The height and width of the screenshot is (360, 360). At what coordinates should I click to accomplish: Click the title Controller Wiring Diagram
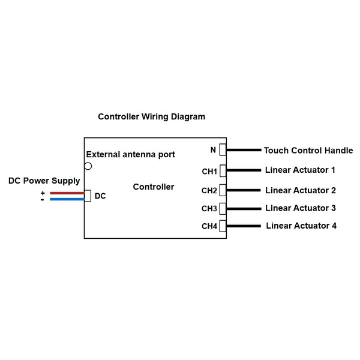tap(151, 117)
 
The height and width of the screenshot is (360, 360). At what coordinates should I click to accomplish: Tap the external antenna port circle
tap(88, 166)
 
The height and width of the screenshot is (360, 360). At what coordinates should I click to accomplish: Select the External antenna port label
tap(130, 154)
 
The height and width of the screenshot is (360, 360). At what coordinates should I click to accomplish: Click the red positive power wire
tap(67, 193)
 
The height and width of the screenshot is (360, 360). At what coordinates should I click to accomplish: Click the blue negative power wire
tap(67, 199)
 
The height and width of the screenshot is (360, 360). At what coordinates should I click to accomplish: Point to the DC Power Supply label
tap(44, 181)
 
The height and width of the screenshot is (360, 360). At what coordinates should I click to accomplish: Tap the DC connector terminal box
tap(88, 196)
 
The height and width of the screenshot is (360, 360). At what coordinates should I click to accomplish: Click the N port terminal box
tap(223, 150)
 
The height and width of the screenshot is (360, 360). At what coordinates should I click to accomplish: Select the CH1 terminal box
tap(223, 170)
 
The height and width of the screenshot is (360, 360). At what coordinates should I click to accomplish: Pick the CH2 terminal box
tap(223, 190)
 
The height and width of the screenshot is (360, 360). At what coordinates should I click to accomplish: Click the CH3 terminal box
tap(223, 208)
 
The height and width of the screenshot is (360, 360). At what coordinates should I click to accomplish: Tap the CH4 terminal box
tap(223, 226)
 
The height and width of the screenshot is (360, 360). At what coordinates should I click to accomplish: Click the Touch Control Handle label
tap(308, 151)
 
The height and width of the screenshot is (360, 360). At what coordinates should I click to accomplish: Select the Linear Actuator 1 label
tap(300, 170)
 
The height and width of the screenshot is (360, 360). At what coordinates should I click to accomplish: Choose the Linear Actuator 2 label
tap(301, 190)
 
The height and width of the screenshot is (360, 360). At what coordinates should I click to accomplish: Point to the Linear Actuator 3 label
tap(301, 208)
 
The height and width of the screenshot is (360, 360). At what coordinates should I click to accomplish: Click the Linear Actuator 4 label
tap(301, 226)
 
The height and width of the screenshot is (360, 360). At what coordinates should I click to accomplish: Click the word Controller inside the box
tap(154, 187)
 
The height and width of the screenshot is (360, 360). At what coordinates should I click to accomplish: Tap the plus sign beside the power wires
tap(43, 193)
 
